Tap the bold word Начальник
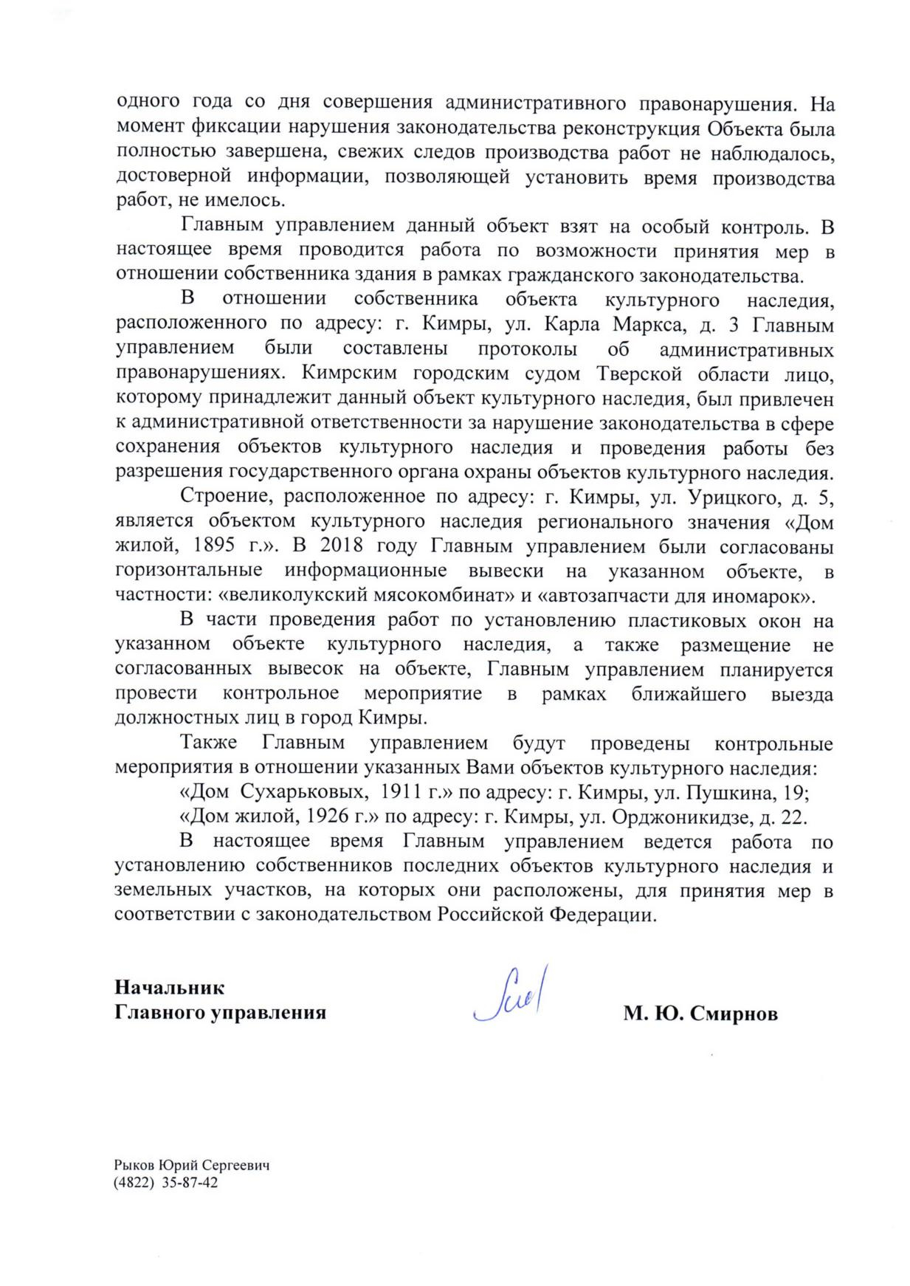point(169,987)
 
